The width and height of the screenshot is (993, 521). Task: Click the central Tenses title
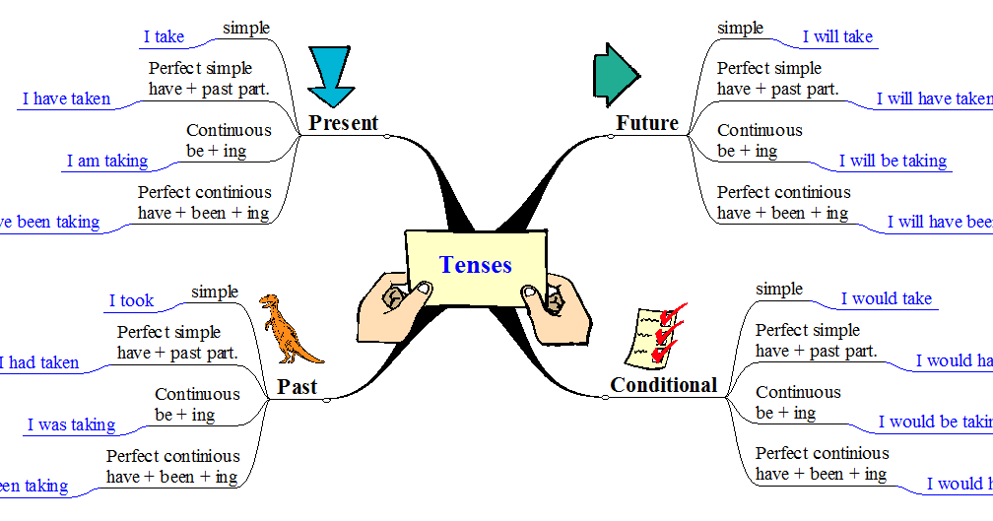[476, 265]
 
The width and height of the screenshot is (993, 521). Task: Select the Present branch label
[343, 123]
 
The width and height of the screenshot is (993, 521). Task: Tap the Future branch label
[647, 123]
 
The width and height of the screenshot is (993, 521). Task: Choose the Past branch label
[297, 387]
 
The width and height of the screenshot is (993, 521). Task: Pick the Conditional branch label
[664, 385]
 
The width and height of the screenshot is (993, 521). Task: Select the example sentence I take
[164, 36]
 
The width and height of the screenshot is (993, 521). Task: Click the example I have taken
[66, 98]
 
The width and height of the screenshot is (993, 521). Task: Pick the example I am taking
[107, 161]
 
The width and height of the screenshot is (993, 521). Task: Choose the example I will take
[837, 36]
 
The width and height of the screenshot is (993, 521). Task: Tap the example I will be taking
[893, 161]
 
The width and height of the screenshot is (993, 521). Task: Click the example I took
[131, 300]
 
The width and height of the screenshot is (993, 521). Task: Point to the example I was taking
[71, 424]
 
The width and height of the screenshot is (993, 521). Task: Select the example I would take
[886, 298]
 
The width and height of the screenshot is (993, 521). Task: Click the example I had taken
[39, 362]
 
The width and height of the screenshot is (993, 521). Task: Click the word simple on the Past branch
[215, 292]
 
